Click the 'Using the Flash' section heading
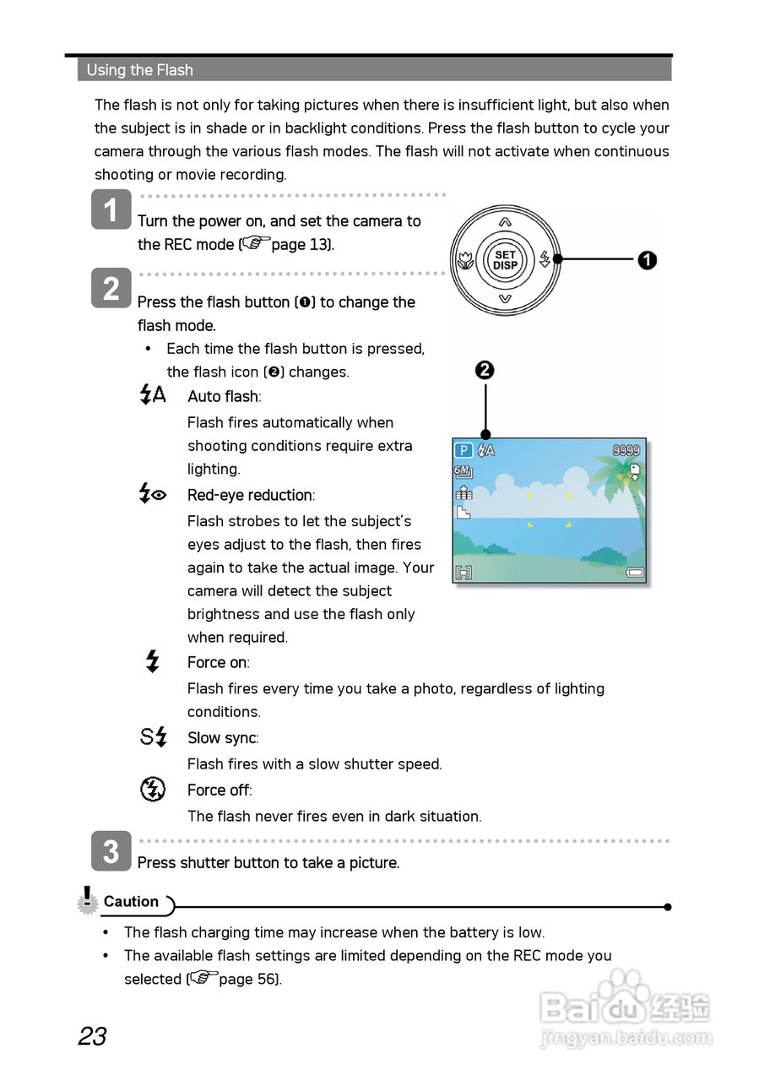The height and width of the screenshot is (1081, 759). pyautogui.click(x=140, y=70)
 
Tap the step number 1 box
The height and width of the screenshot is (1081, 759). pyautogui.click(x=111, y=209)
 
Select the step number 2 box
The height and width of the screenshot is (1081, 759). pyautogui.click(x=111, y=289)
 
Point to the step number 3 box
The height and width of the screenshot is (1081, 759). pyautogui.click(x=111, y=851)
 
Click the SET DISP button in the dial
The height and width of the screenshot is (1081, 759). pyautogui.click(x=505, y=259)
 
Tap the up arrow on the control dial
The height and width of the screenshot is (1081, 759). pyautogui.click(x=505, y=222)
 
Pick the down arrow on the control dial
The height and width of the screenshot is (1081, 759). pyautogui.click(x=505, y=298)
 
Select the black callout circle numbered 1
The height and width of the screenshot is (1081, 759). pyautogui.click(x=647, y=260)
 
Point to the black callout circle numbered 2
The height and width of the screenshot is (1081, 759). pyautogui.click(x=485, y=370)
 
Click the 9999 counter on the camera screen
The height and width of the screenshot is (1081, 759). pyautogui.click(x=626, y=451)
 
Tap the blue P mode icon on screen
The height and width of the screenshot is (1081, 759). pyautogui.click(x=464, y=451)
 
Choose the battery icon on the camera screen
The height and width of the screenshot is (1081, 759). pyautogui.click(x=634, y=573)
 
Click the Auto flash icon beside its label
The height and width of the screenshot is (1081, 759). pyautogui.click(x=153, y=394)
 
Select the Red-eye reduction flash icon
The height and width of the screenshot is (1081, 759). pyautogui.click(x=153, y=494)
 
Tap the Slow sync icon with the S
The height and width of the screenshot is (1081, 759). pyautogui.click(x=154, y=737)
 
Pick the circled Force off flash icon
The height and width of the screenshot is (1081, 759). pyautogui.click(x=152, y=790)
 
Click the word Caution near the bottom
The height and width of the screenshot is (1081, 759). pyautogui.click(x=131, y=902)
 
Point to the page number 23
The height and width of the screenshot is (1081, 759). pyautogui.click(x=92, y=1036)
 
